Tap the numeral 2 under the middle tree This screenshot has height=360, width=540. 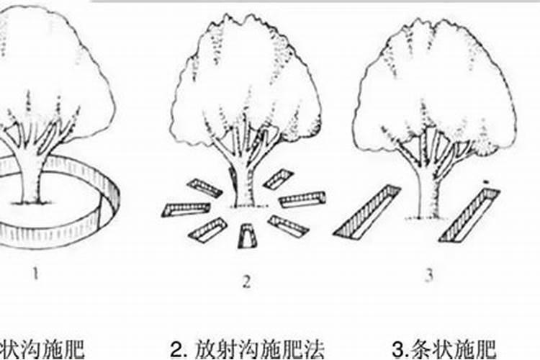246,282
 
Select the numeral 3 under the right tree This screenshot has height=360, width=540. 429,276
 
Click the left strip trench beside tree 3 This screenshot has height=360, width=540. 366,212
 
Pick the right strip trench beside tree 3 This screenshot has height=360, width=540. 469,214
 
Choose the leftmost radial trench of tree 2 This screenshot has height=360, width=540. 186,209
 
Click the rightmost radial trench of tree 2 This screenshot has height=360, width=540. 302,199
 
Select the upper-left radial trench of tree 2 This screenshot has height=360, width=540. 205,188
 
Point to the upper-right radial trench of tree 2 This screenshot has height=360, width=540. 279,179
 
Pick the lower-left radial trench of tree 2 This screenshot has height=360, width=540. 208,230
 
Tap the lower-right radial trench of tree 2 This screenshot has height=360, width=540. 288,226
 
